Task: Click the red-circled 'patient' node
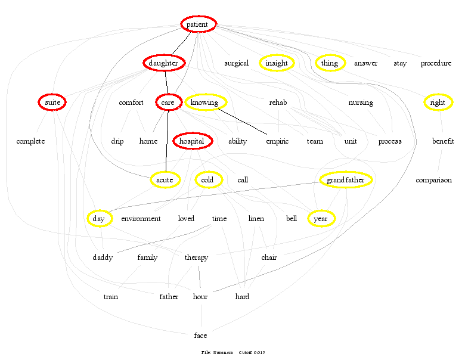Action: pos(198,24)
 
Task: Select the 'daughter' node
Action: pos(164,63)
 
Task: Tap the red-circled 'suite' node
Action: pos(52,103)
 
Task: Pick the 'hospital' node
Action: pos(192,141)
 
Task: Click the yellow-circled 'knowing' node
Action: pos(205,103)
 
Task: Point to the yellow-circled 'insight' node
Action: pos(277,63)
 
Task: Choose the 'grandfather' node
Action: pos(346,180)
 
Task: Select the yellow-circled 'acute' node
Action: pos(164,180)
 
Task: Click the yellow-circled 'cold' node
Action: pos(207,180)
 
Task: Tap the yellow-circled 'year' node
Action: pos(321,219)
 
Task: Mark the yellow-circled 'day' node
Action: pos(99,219)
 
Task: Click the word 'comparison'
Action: pos(434,180)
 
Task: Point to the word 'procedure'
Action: pos(436,63)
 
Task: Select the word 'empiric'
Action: pos(277,141)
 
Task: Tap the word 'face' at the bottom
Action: pos(201,336)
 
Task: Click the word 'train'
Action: pos(111,296)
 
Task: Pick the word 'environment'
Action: pos(141,219)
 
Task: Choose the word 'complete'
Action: pos(31,141)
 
